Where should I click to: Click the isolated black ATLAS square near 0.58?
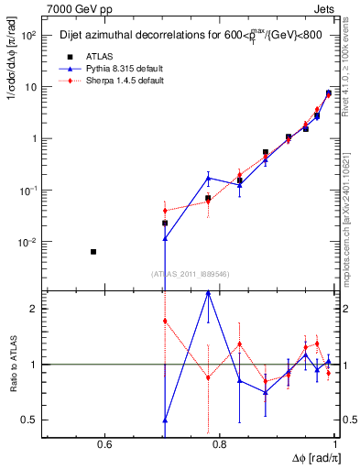coord(93,251)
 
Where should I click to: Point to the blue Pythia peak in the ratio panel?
coord(209,292)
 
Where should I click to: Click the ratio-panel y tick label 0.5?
coord(29,420)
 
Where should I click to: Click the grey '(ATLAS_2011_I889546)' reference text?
coord(190,273)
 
